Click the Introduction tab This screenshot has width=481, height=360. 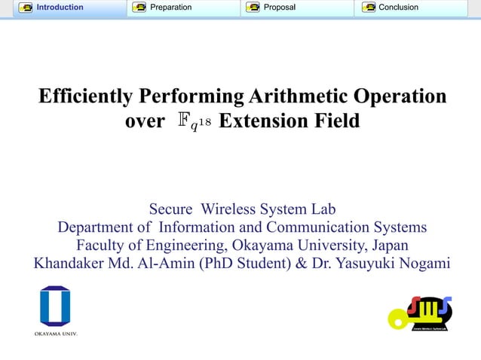pyautogui.click(x=63, y=8)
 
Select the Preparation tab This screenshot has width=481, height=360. pyautogui.click(x=170, y=8)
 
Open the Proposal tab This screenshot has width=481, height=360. pyautogui.click(x=279, y=8)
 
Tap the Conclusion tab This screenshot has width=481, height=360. pyautogui.click(x=399, y=8)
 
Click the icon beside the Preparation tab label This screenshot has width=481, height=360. pyautogui.click(x=139, y=8)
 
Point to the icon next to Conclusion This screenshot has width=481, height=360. pyautogui.click(x=369, y=8)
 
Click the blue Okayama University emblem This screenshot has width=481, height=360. pyautogui.click(x=55, y=306)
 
